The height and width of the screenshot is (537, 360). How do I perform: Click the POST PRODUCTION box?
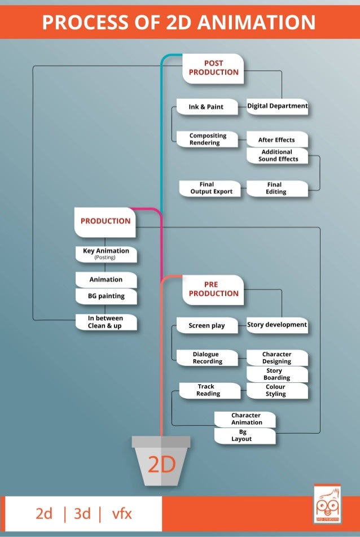[213, 68]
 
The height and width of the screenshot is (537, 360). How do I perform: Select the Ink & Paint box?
[206, 107]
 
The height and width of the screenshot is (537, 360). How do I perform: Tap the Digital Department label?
[277, 106]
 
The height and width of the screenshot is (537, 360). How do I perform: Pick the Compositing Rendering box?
[207, 139]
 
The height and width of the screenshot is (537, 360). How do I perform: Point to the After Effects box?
[276, 139]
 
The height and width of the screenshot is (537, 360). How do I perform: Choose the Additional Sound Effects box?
[276, 156]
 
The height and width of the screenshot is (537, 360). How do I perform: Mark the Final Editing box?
[276, 188]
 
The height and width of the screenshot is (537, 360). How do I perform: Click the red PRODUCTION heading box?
[106, 221]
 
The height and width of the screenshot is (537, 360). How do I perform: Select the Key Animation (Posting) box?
[106, 254]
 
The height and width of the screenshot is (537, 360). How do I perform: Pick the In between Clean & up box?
[106, 322]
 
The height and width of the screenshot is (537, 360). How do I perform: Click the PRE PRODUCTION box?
[213, 289]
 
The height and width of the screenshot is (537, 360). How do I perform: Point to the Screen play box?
[207, 325]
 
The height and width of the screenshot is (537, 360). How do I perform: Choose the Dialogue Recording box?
[207, 358]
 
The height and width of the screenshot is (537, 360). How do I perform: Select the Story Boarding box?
[276, 374]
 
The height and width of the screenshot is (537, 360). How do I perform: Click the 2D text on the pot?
[161, 465]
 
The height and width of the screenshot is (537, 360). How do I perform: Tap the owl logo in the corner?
[327, 505]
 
